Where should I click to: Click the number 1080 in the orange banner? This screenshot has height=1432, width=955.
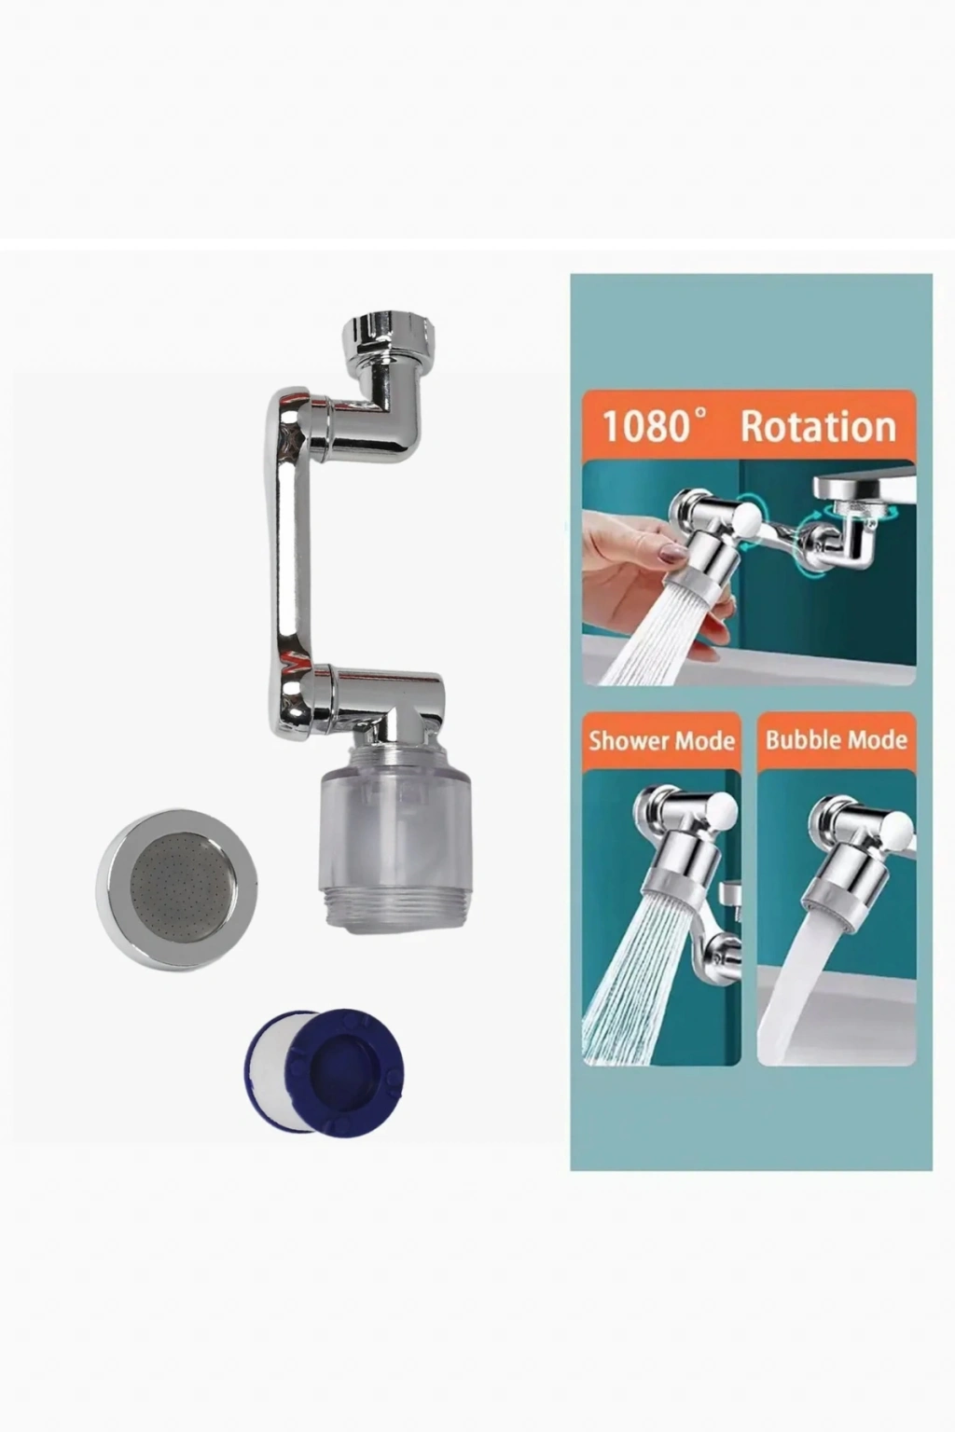645,426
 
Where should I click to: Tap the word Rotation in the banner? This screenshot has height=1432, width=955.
818,426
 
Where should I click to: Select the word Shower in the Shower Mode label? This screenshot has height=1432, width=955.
624,740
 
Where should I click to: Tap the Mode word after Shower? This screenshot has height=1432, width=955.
699,740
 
